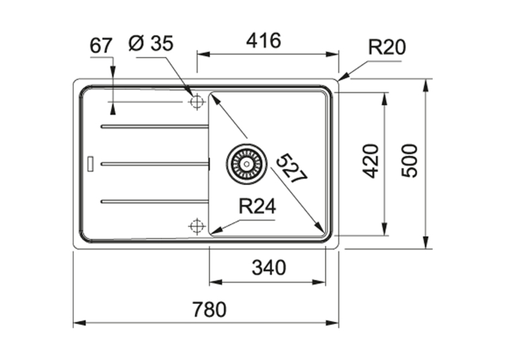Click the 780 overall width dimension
[x=209, y=309]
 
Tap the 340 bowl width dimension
[x=269, y=268]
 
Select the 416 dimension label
[x=264, y=41]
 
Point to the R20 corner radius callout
[x=387, y=47]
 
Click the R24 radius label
[x=257, y=207]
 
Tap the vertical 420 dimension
[x=370, y=161]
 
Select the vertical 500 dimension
[x=409, y=161]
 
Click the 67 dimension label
[x=100, y=46]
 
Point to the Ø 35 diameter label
[x=151, y=43]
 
